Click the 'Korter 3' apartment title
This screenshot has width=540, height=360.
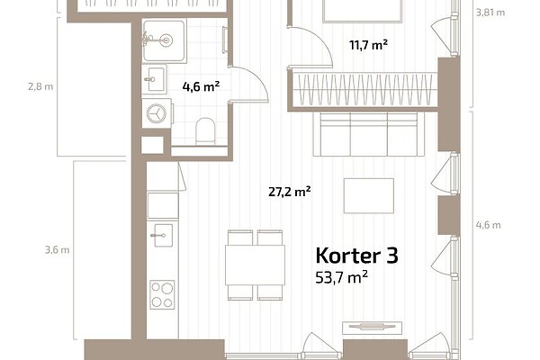[356, 256]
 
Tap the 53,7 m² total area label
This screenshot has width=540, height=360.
[341, 277]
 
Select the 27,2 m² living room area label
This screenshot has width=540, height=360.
[290, 192]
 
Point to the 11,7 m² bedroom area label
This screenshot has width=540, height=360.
[368, 45]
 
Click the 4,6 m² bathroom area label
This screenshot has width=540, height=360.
[201, 86]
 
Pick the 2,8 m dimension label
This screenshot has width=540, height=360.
[40, 86]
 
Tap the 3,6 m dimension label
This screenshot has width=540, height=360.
[58, 250]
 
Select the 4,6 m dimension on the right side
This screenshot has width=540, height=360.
[489, 225]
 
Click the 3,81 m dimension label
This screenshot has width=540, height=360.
[490, 13]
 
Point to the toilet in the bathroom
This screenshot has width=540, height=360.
[205, 131]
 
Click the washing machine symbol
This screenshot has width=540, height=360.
[157, 113]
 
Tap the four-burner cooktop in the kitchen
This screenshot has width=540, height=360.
[162, 294]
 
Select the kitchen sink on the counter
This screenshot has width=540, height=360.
[162, 235]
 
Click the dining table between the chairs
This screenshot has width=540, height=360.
[256, 265]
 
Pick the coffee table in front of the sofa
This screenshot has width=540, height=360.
[369, 195]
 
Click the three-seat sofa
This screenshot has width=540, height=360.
[368, 134]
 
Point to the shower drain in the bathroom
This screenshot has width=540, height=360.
[166, 40]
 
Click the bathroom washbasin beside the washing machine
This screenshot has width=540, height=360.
[154, 79]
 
